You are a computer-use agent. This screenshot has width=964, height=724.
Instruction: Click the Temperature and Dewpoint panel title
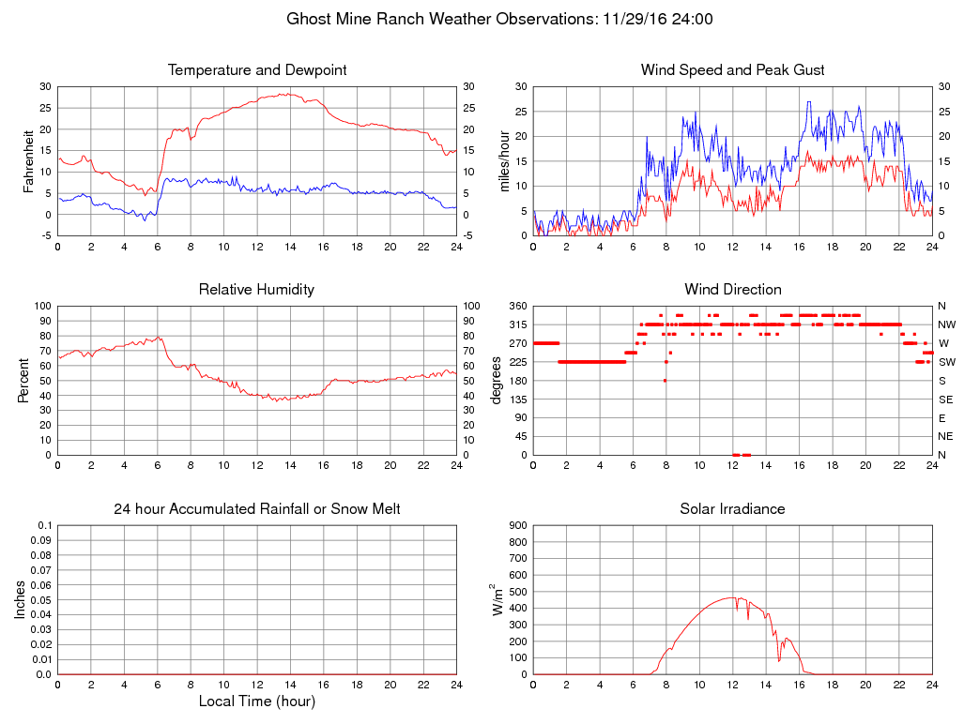[257, 70]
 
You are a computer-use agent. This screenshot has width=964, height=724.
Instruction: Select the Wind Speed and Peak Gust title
[732, 70]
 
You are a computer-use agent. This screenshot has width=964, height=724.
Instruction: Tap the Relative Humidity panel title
[256, 290]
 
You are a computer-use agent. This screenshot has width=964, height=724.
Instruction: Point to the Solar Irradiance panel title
[732, 509]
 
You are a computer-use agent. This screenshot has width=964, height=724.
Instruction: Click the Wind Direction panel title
[732, 290]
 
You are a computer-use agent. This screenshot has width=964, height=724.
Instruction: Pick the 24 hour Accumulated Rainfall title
[257, 509]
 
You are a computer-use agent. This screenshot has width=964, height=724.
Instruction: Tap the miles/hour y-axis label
[505, 160]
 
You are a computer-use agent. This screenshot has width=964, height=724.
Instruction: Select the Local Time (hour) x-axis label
[257, 701]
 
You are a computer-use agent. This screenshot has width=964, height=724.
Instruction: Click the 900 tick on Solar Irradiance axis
[516, 525]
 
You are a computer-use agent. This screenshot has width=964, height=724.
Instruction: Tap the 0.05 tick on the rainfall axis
[43, 600]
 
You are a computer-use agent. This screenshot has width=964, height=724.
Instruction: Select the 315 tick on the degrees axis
[516, 324]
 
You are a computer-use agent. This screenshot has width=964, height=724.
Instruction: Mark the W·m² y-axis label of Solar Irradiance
[497, 599]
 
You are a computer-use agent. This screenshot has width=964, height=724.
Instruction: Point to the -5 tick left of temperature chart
[45, 235]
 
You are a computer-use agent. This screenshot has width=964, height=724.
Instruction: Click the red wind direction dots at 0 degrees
[742, 455]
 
